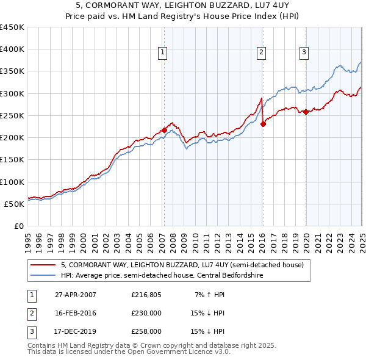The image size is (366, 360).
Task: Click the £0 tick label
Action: [18, 226]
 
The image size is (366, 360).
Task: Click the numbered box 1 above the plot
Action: [163, 53]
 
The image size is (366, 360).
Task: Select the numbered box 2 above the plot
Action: [260, 53]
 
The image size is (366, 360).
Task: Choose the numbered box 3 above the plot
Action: [304, 53]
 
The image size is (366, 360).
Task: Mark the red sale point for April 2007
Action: [164, 130]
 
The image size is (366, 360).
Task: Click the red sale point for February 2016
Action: [263, 124]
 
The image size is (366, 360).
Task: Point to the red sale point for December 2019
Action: [306, 112]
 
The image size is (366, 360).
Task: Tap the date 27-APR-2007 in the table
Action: [76, 295]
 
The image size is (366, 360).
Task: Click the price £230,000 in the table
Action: [146, 313]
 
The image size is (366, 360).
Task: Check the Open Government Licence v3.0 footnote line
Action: [128, 352]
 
